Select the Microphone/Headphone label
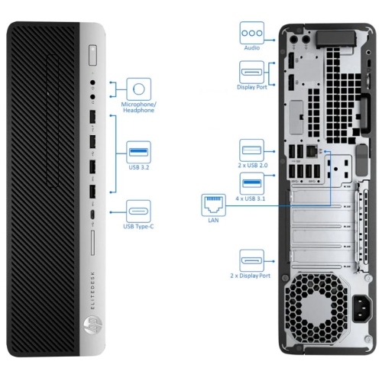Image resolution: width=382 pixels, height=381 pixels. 138,106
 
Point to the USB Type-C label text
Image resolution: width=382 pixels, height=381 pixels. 138,226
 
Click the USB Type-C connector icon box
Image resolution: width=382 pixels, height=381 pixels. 138,209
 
